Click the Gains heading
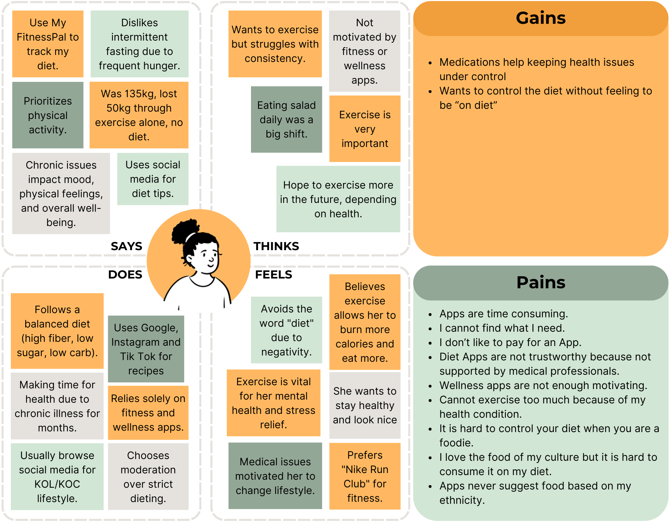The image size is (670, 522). [x=540, y=18]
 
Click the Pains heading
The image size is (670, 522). [x=540, y=282]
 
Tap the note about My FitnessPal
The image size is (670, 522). [x=48, y=44]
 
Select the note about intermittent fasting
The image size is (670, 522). [x=139, y=44]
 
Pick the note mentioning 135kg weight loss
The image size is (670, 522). [x=139, y=115]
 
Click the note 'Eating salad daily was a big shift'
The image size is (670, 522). [x=286, y=120]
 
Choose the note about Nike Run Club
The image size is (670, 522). [x=365, y=476]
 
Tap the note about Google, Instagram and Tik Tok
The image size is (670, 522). [x=146, y=349]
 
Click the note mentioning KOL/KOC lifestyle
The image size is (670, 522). [x=57, y=477]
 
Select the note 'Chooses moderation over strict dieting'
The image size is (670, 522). [x=148, y=477]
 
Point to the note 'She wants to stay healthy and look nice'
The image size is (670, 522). [x=365, y=405]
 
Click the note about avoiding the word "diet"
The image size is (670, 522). [x=286, y=330]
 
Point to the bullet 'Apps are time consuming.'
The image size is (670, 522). [x=503, y=314]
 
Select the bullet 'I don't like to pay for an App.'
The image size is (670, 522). [x=510, y=343]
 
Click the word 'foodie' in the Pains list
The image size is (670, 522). [x=456, y=443]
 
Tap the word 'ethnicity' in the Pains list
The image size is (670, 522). [x=462, y=500]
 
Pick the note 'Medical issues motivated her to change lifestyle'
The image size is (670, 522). [x=275, y=476]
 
